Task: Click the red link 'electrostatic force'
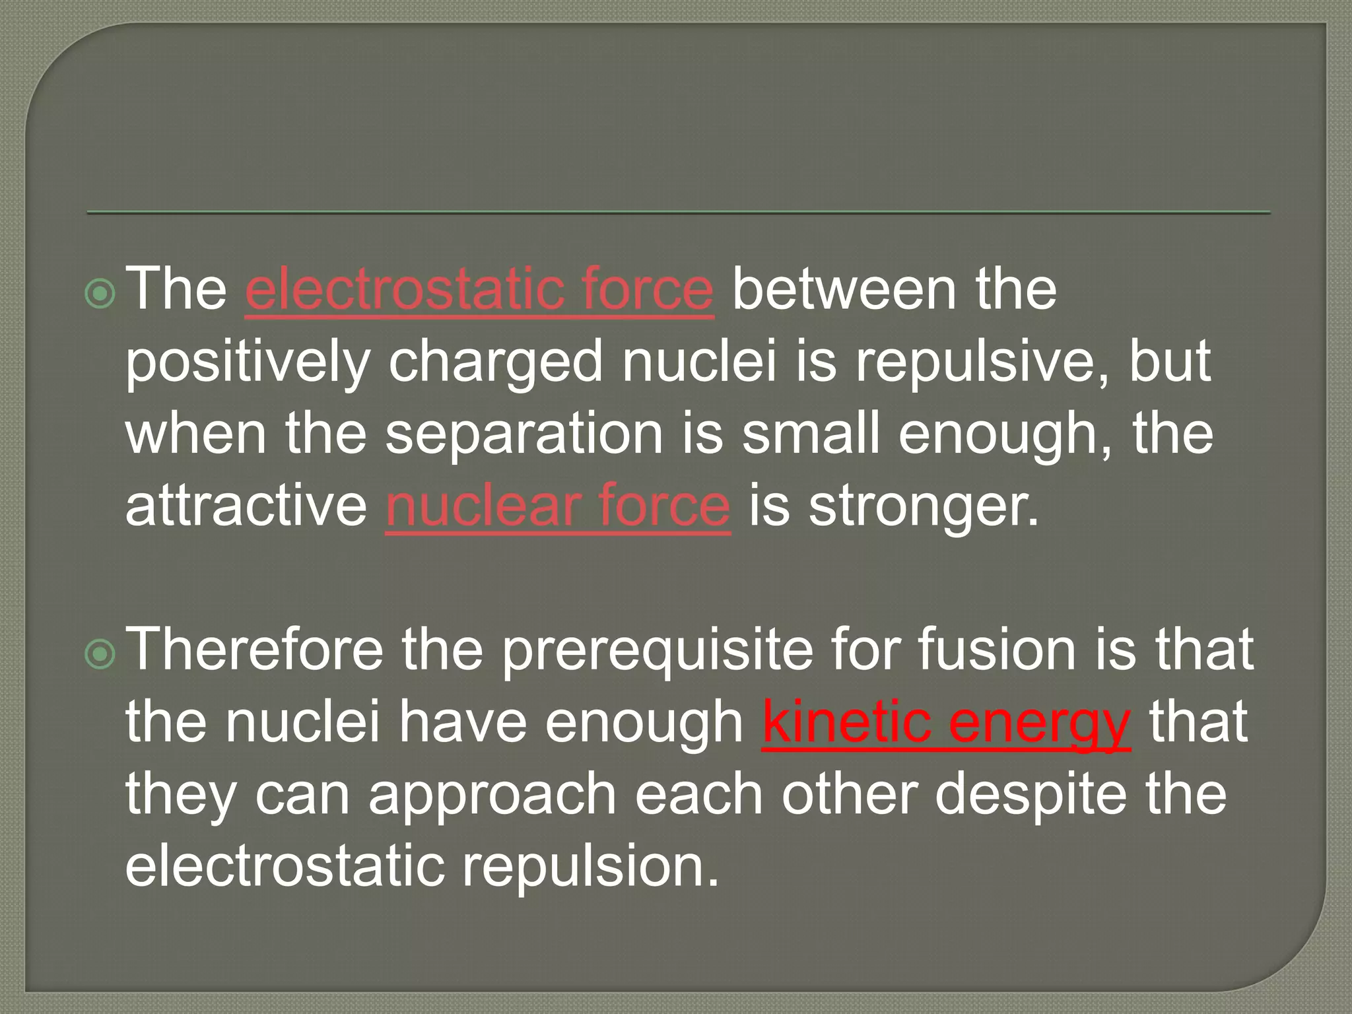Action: pos(479,290)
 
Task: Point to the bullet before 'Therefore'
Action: pos(100,654)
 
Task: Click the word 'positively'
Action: pos(247,363)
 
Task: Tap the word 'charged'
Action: pos(495,363)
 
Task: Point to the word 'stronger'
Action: pos(923,507)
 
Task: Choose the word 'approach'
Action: pos(492,796)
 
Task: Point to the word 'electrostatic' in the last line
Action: pos(285,866)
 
